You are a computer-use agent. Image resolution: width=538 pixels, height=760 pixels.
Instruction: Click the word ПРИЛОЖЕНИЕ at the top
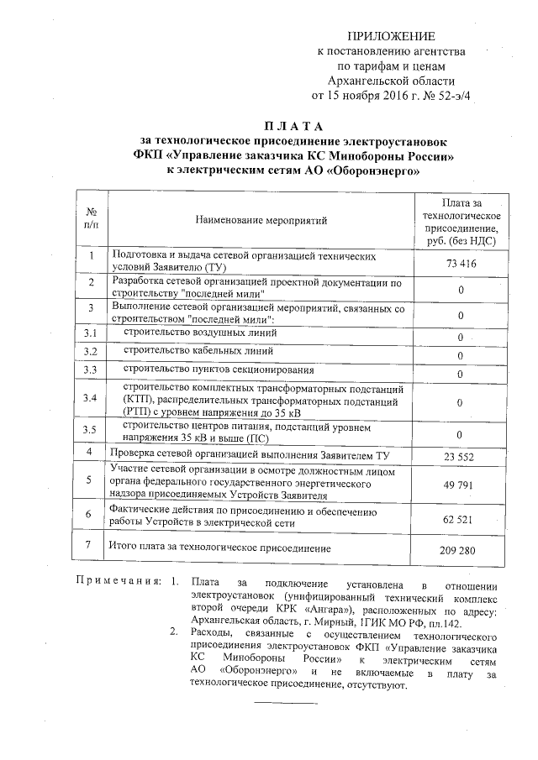[x=393, y=36]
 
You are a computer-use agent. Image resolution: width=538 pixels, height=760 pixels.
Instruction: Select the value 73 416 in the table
[x=460, y=264]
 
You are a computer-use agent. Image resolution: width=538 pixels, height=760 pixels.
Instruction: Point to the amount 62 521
[x=460, y=520]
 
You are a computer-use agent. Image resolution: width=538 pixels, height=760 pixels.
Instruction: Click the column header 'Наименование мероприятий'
[x=261, y=221]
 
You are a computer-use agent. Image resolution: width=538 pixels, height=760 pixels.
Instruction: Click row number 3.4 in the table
[x=91, y=397]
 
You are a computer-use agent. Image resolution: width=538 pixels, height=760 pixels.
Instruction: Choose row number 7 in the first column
[x=90, y=546]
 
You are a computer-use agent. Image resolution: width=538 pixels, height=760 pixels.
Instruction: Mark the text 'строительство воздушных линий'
[x=200, y=333]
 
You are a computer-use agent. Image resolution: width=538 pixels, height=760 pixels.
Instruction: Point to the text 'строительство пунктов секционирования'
[x=219, y=370]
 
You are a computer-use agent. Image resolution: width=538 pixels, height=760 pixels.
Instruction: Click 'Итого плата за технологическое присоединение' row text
[x=221, y=548]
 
